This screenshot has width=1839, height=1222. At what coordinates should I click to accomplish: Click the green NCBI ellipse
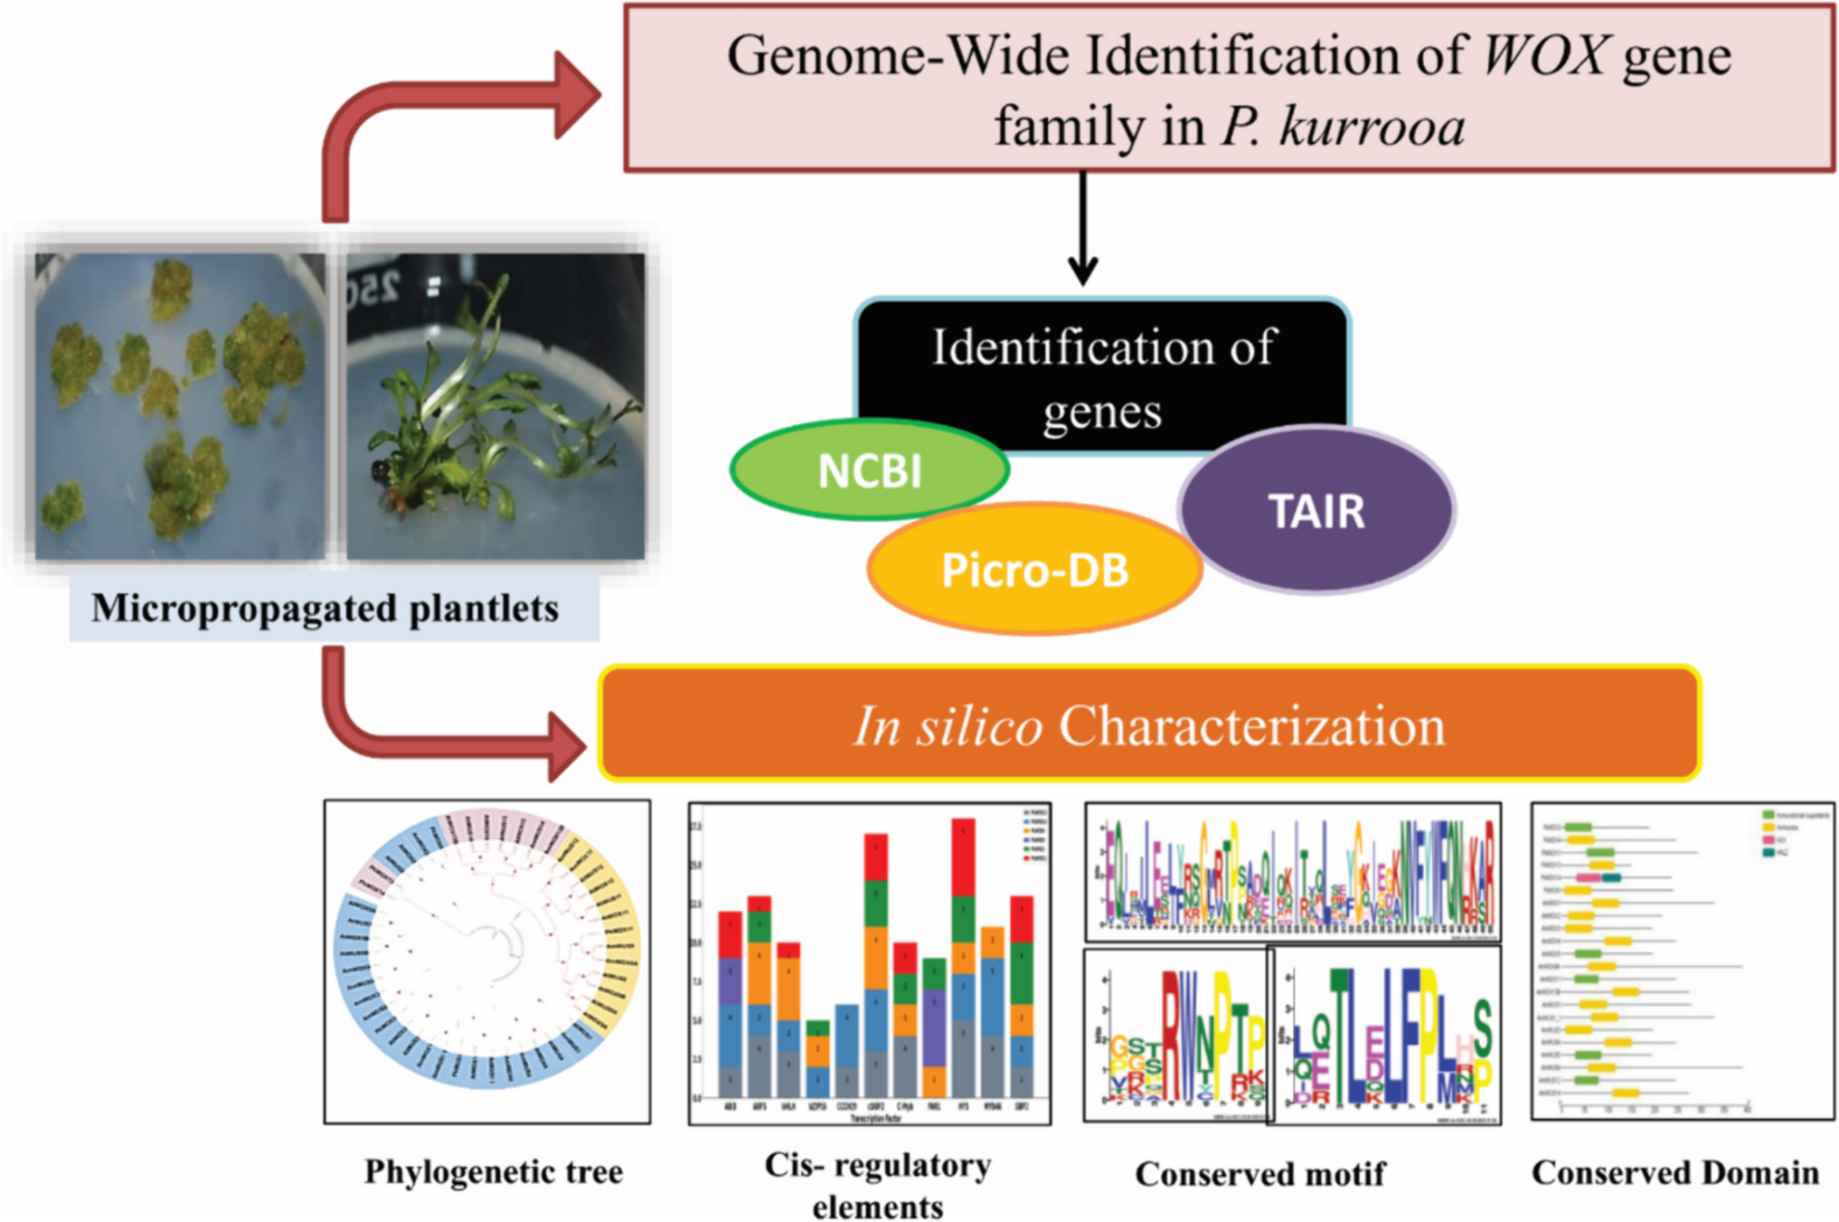point(869,469)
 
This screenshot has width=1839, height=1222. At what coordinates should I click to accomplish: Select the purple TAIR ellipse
point(1316,510)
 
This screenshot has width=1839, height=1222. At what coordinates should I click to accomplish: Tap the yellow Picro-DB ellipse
point(1034,570)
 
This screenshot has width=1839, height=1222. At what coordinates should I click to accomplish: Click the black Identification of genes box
point(1103,362)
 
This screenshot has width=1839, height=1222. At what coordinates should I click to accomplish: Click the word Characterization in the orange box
point(1251,725)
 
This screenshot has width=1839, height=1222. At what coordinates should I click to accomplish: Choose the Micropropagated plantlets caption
point(325,608)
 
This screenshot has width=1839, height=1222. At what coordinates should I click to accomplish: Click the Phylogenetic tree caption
point(494,1171)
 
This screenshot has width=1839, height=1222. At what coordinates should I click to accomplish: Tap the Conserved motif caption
point(1259,1173)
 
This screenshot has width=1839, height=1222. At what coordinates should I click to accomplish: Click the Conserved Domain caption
point(1674,1172)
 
